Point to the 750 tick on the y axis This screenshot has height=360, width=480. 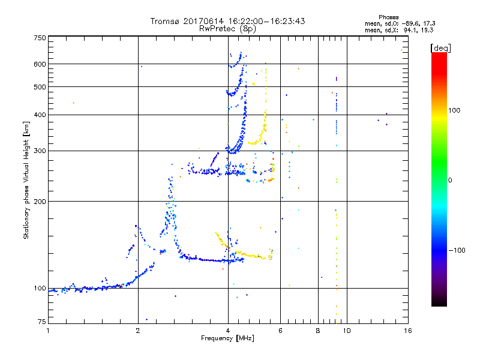40,37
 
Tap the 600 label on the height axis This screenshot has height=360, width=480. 40,64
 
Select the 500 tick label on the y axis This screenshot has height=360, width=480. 40,86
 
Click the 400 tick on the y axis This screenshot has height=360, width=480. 40,115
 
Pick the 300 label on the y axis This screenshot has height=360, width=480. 40,151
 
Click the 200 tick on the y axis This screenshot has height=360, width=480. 40,202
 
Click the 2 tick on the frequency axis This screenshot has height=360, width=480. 138,330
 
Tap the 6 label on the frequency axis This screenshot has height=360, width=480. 280,330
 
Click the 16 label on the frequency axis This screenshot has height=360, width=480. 407,330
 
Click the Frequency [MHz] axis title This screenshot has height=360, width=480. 228,338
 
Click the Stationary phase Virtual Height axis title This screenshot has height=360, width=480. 26,181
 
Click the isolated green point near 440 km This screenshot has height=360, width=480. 73,103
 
